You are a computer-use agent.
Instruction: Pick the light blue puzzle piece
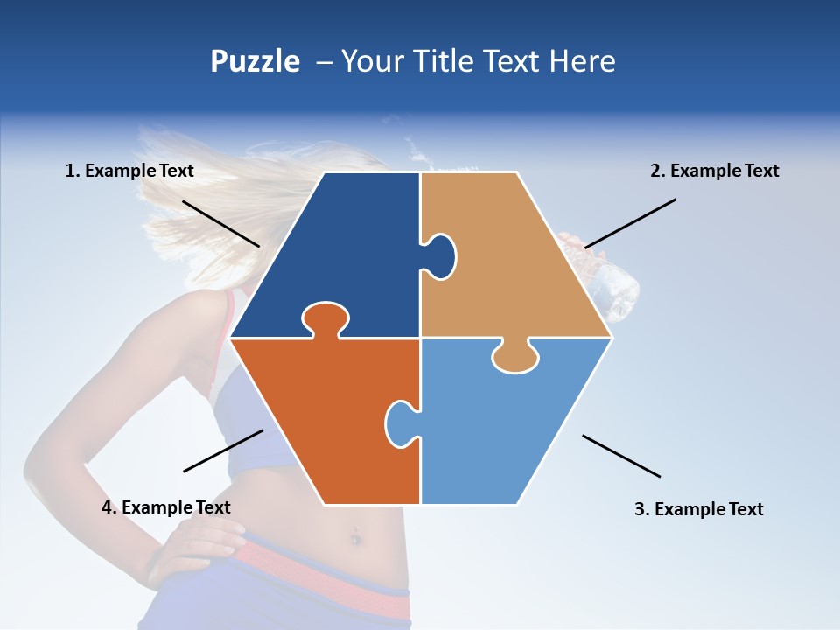507,429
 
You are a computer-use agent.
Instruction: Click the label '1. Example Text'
129,171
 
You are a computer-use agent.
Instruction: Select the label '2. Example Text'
714,171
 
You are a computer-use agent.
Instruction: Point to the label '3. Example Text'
698,509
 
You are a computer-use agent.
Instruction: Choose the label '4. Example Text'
166,507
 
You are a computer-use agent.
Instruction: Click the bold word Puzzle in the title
255,61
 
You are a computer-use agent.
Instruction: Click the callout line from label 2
630,223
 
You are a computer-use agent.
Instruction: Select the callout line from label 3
621,456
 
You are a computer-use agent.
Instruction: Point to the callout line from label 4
223,451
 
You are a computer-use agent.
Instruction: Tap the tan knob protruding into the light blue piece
515,356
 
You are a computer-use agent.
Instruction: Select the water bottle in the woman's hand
617,284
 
